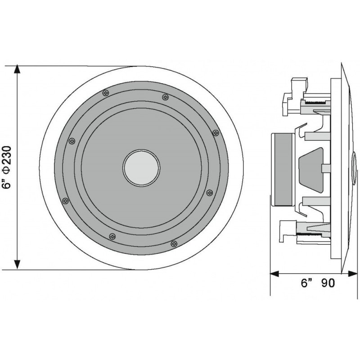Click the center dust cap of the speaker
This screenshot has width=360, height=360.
coord(141,167)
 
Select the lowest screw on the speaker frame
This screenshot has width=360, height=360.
coord(174,243)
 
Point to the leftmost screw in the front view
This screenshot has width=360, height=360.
coord(65,200)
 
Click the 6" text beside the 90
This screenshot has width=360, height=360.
coord(307,283)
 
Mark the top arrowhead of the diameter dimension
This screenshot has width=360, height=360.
coord(17,70)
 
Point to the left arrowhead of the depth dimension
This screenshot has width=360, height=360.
coord(274,273)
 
